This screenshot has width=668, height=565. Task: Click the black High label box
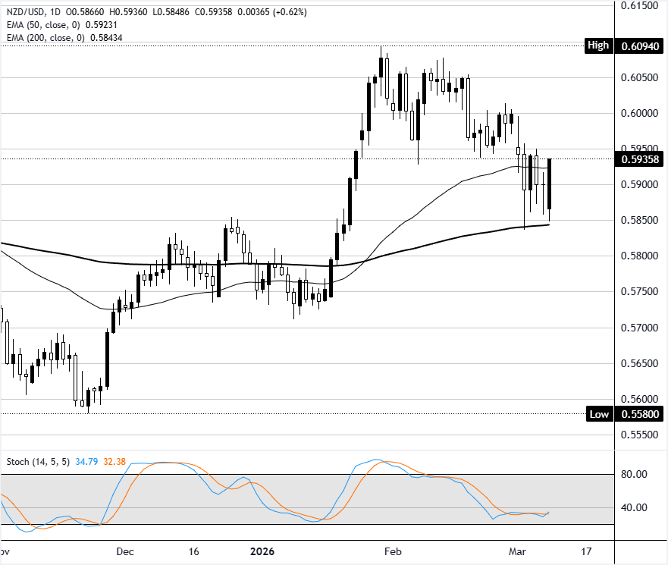pyautogui.click(x=598, y=46)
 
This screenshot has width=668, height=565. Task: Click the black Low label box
pyautogui.click(x=598, y=414)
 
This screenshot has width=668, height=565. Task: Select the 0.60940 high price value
pyautogui.click(x=638, y=46)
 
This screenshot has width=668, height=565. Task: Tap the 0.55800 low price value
pyautogui.click(x=638, y=414)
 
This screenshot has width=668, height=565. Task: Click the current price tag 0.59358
pyautogui.click(x=638, y=159)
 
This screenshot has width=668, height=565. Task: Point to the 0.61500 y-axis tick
pyautogui.click(x=638, y=5)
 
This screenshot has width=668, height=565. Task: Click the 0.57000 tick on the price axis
pyautogui.click(x=638, y=328)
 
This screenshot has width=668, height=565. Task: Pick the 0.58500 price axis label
pyautogui.click(x=638, y=220)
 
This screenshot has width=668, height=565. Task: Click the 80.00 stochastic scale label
pyautogui.click(x=635, y=475)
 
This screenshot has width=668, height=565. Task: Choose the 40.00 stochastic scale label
pyautogui.click(x=635, y=508)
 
